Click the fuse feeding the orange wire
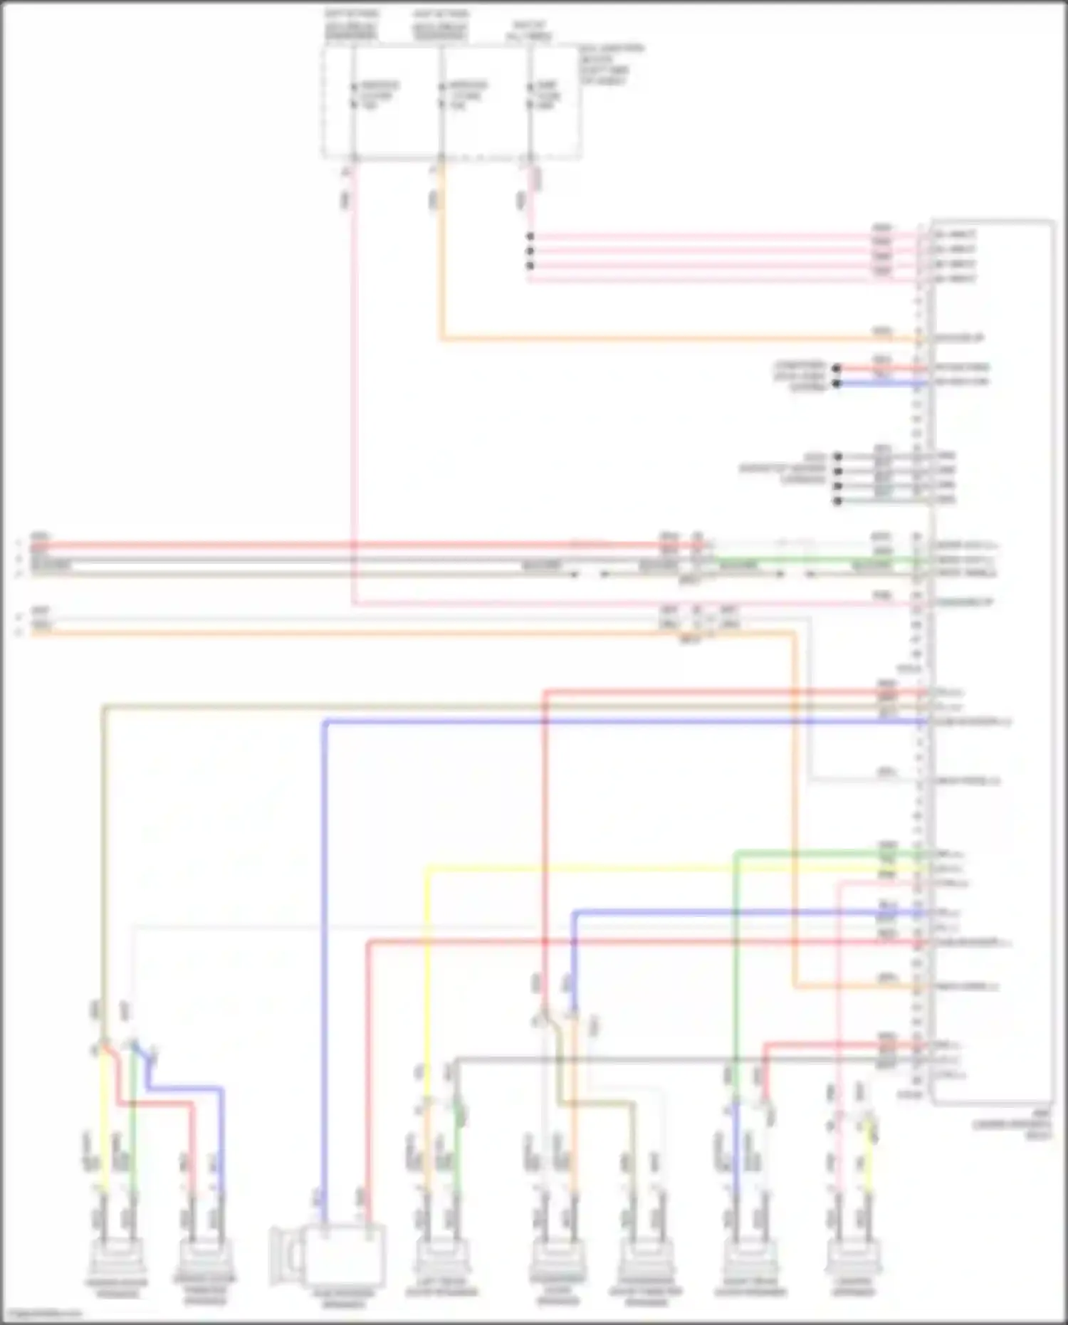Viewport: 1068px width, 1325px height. (x=441, y=95)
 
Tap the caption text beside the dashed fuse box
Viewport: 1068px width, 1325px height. (x=612, y=65)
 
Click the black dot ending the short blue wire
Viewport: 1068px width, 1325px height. (x=837, y=384)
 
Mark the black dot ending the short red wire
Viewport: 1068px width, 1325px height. (x=837, y=369)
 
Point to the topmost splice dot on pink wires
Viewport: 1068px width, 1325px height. (x=530, y=236)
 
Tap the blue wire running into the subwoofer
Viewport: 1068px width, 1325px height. (x=324, y=997)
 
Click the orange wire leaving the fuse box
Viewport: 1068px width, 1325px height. (x=441, y=249)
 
